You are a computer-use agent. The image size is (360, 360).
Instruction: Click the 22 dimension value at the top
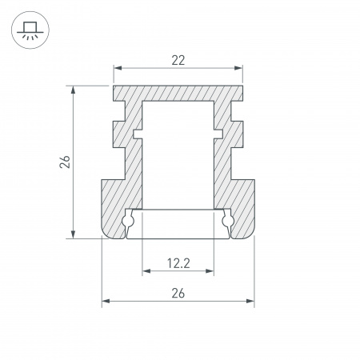click(178, 58)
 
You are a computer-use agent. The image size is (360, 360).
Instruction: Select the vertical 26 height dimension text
click(66, 161)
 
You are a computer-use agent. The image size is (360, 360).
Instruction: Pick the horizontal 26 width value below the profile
click(178, 293)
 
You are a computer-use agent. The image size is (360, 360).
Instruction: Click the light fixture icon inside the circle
click(30, 30)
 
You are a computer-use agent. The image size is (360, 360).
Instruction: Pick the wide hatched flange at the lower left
click(116, 204)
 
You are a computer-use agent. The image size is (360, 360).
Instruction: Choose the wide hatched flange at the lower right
click(240, 204)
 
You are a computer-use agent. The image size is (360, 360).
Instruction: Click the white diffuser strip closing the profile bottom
click(178, 224)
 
